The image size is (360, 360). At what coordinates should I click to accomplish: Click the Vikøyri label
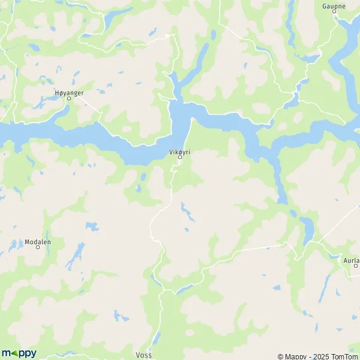tap(179, 152)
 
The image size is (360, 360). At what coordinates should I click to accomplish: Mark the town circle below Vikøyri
tap(179, 158)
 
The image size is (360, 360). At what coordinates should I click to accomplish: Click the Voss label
tap(144, 355)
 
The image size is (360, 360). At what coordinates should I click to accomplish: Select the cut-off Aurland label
tap(351, 260)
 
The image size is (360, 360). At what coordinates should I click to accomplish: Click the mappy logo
tap(19, 353)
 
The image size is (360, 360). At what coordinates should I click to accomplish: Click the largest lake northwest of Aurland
tap(307, 229)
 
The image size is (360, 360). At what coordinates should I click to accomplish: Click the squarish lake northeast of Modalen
tap(92, 226)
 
